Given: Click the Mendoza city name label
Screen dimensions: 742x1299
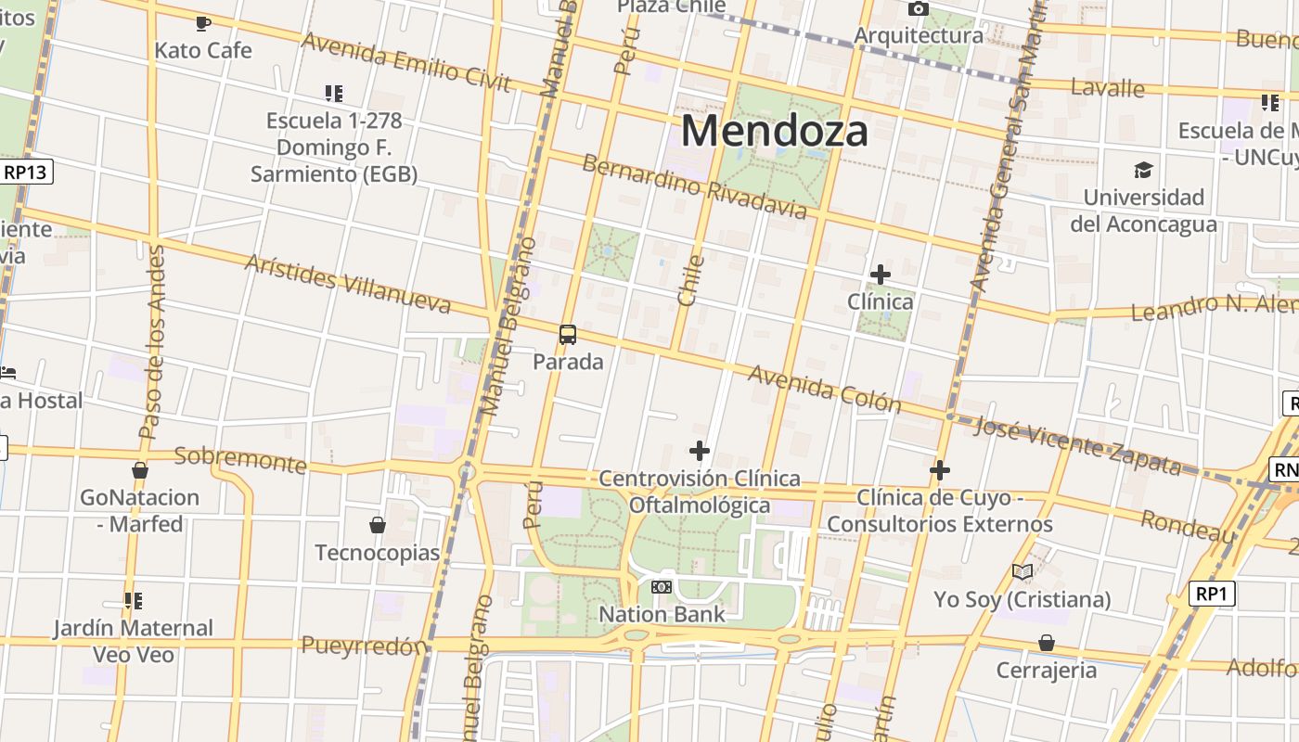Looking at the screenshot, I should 775,131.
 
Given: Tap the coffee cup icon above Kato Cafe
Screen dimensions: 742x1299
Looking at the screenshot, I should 203,23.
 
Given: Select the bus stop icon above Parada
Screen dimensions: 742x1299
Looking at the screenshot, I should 568,335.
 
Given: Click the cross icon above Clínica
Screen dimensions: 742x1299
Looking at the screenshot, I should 881,275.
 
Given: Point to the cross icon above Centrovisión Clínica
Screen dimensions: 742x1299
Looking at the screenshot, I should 700,452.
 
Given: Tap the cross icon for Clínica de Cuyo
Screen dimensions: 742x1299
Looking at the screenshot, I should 940,471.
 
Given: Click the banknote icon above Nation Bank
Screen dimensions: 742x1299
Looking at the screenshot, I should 662,587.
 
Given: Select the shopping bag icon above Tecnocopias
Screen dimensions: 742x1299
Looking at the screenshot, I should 378,526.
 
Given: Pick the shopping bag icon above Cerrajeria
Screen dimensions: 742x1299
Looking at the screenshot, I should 1047,643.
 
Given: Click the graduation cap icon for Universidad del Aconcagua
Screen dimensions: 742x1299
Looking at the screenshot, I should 1143,171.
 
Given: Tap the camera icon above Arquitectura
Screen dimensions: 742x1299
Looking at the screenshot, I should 919,9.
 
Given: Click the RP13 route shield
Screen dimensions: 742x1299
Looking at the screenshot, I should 27,172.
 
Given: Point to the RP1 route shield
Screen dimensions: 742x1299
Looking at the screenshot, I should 1213,594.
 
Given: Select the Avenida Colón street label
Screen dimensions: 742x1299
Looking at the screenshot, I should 824,388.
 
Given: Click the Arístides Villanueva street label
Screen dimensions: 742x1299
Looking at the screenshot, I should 347,283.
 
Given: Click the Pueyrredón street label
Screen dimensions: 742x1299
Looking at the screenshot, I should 364,646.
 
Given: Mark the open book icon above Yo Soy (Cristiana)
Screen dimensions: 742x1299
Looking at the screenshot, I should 1022,572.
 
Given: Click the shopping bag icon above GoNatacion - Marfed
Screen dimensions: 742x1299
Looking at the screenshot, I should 140,471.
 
